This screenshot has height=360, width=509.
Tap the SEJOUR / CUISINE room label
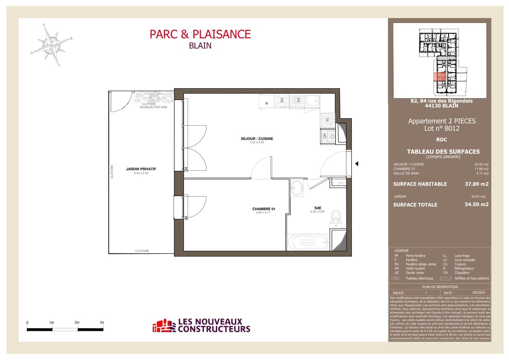point(257,139)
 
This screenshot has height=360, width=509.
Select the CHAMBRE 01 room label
point(264,209)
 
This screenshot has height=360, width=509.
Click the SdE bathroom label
point(317,208)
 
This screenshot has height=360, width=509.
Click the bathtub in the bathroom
point(308,242)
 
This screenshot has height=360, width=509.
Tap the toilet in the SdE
point(336,217)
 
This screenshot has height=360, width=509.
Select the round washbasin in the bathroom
point(296,188)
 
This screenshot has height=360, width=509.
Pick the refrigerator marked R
point(267,101)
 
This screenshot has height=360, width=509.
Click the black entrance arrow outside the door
point(357,164)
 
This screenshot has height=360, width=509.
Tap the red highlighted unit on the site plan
point(440,76)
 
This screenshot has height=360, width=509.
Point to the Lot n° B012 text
point(442,128)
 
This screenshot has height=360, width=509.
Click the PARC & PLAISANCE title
point(200,34)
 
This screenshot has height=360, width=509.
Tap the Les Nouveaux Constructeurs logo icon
point(163,325)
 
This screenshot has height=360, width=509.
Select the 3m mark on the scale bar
point(102,323)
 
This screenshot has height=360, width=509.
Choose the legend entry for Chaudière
point(461,273)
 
